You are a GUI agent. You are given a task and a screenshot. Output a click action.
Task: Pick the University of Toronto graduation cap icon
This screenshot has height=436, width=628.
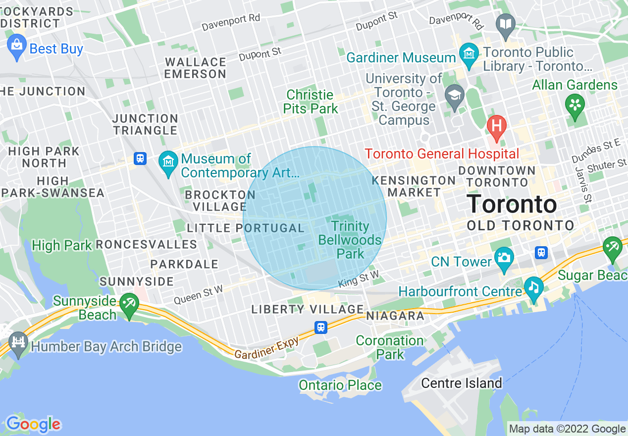click(x=454, y=95)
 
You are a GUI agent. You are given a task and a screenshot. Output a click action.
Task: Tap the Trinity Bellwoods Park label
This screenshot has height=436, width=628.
click(x=350, y=240)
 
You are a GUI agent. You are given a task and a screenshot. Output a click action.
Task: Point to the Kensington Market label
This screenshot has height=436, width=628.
click(x=414, y=186)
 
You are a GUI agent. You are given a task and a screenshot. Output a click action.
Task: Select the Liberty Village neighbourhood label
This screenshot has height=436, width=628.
click(x=308, y=310)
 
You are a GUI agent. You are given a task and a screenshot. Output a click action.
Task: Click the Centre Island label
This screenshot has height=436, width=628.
click(x=461, y=383)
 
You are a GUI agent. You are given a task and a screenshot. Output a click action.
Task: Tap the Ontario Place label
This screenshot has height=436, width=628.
click(x=340, y=385)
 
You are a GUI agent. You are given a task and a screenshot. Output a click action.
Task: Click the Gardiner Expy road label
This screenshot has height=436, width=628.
click(x=266, y=349)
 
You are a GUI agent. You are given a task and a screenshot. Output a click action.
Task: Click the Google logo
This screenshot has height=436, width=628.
click(x=33, y=424)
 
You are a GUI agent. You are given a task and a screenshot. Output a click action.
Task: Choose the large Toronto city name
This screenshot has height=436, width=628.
click(x=512, y=205)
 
